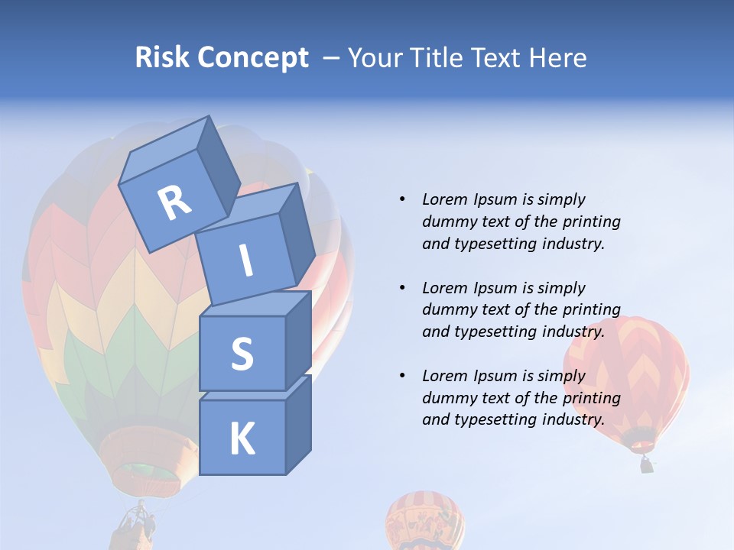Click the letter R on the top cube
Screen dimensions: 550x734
174,203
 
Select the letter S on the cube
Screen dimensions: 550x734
242,354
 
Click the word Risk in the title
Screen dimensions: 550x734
162,57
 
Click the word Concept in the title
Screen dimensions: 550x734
252,57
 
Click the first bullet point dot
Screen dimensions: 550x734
402,199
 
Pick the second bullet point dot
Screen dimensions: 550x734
402,288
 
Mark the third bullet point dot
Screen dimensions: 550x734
402,376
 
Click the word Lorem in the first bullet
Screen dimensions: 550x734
444,199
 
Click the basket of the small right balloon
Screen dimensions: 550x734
647,464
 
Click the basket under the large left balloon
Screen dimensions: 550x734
136,527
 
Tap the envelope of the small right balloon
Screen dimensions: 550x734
627,374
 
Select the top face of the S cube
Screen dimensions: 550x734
255,304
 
